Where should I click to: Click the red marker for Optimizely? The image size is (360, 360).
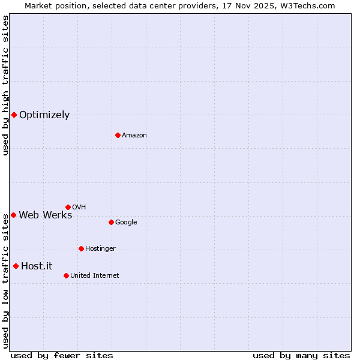tap(14, 115)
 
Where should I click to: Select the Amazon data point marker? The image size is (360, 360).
tap(118, 135)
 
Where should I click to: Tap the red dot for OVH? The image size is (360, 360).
tap(68, 207)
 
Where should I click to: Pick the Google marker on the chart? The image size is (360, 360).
tap(111, 222)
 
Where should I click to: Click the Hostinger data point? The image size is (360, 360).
tap(81, 248)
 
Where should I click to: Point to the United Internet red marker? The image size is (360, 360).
tap(66, 275)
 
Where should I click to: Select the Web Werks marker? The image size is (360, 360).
tap(13, 215)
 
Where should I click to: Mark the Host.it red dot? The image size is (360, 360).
tap(16, 266)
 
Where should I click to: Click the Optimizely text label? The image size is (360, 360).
tap(44, 115)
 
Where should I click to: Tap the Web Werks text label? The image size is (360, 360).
tap(46, 215)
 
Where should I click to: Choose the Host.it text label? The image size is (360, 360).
tap(37, 266)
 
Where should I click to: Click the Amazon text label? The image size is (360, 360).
tap(134, 136)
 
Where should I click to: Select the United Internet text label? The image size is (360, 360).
tap(95, 276)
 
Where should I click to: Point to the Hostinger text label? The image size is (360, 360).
tap(100, 249)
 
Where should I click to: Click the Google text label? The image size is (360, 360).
tap(126, 223)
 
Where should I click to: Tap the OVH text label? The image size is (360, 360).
tap(79, 208)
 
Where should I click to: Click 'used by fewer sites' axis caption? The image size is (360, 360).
tap(62, 356)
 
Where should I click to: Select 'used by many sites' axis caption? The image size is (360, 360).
tap(301, 356)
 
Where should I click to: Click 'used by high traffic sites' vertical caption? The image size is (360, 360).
tap(5, 85)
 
